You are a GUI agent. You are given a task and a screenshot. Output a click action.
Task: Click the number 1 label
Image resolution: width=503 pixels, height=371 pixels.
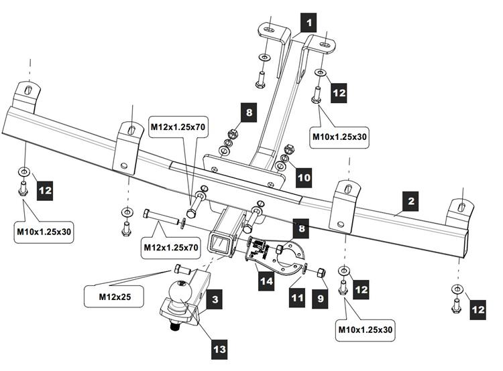coord(309,23)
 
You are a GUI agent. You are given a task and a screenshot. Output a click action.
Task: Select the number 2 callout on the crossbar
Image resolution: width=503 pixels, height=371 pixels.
coord(411,200)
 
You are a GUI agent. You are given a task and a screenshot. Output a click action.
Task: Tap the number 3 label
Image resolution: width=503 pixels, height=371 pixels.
coord(215,300)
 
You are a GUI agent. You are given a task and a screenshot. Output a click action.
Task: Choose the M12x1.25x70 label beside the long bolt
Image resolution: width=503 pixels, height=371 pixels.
coord(171,248)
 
